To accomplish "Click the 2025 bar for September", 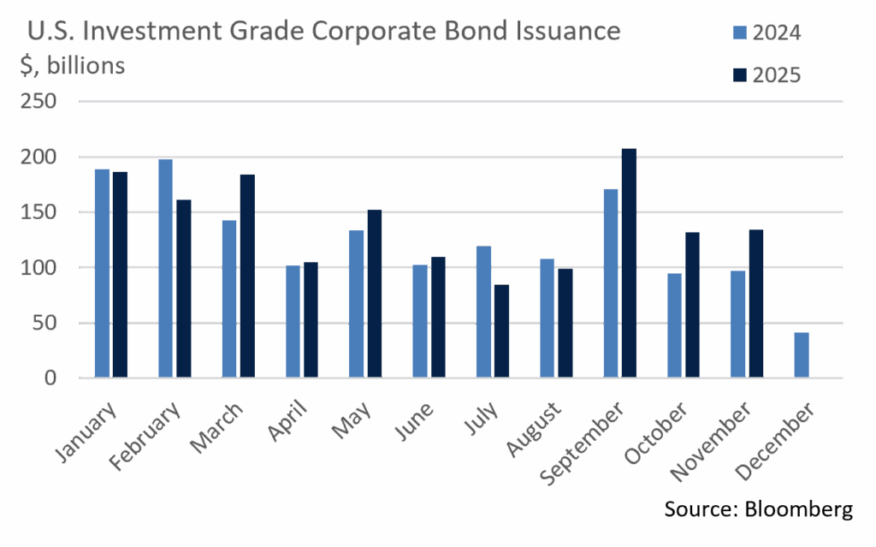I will click(x=629, y=263).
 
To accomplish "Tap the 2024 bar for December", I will click(x=801, y=354).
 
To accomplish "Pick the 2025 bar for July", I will click(x=501, y=331).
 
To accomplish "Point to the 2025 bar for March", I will click(x=247, y=276).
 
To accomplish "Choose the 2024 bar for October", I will click(x=675, y=325).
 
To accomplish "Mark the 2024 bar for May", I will click(x=356, y=304).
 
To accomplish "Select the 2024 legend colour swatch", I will click(x=741, y=34).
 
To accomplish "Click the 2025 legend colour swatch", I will click(x=741, y=75).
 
